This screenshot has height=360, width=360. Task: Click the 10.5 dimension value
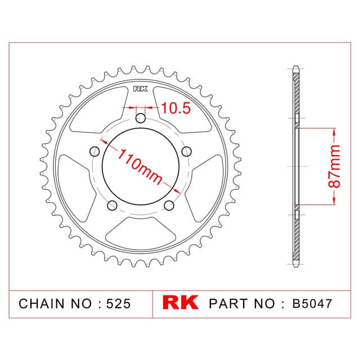pyautogui.click(x=176, y=108)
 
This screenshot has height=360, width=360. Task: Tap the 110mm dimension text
pyautogui.click(x=140, y=166)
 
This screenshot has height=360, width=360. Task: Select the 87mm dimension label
pyautogui.click(x=334, y=166)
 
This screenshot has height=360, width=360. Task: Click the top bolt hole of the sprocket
pyautogui.click(x=141, y=119)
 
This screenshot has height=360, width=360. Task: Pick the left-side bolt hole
pyautogui.click(x=94, y=151)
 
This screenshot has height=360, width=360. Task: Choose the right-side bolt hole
pyautogui.click(x=186, y=151)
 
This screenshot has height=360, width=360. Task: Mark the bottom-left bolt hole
pyautogui.click(x=112, y=205)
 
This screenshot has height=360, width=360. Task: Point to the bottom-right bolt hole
pyautogui.click(x=169, y=205)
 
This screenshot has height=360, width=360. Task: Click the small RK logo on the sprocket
pyautogui.click(x=141, y=89)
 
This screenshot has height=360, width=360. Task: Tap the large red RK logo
pyautogui.click(x=181, y=303)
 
